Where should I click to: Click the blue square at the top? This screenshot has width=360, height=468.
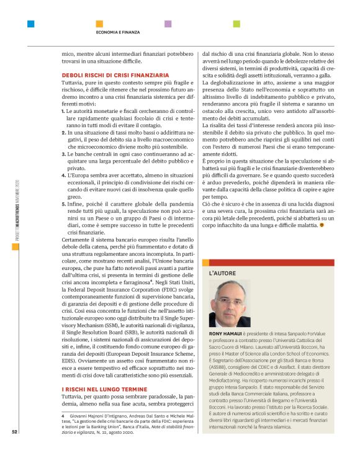(x=30, y=24)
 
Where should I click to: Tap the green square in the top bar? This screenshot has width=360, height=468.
(x=236, y=24)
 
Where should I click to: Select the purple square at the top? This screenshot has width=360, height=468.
(x=168, y=24)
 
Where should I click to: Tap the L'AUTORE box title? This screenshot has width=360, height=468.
(x=222, y=272)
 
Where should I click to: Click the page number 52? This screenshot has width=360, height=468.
(x=14, y=433)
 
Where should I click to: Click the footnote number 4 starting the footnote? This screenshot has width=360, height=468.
(x=63, y=414)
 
